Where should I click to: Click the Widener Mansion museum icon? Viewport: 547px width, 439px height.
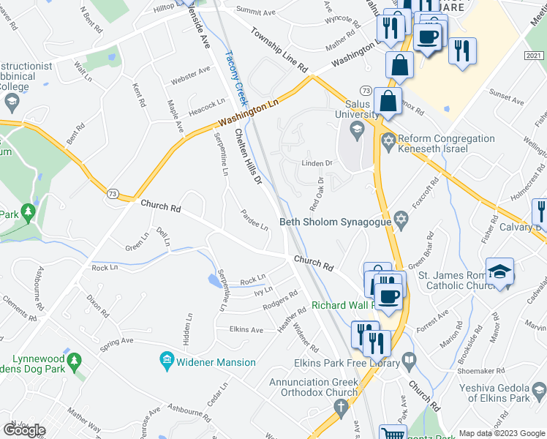pos(167,361)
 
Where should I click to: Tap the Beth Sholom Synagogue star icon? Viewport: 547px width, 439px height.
pos(401,219)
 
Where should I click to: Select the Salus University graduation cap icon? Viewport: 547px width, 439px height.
pos(357,132)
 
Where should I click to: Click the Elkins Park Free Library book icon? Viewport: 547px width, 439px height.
pos(409,360)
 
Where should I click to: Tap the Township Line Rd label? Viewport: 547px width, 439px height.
pos(279,50)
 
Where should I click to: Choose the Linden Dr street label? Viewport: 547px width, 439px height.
pos(317,163)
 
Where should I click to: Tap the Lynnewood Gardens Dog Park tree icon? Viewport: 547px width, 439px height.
pos(73,362)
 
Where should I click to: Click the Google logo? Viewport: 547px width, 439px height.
pos(25,430)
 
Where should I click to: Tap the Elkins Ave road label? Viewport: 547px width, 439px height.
pos(246,330)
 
